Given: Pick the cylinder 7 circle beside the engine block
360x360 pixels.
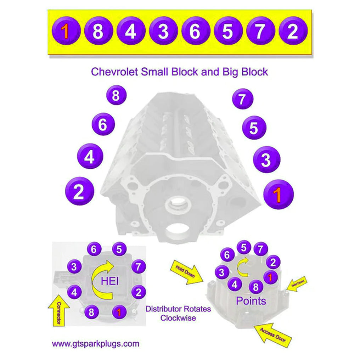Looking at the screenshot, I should coord(242,99).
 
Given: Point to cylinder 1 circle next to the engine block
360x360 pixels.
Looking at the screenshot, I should coord(279,195).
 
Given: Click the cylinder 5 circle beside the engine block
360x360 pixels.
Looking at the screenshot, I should coord(254,128).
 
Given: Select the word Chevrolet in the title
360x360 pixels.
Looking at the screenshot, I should coord(114,72).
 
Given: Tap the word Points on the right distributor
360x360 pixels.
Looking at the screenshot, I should coord(251,301).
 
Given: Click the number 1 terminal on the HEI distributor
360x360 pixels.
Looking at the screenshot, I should coord(119,312).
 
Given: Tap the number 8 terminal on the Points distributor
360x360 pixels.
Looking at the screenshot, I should coord(256,287).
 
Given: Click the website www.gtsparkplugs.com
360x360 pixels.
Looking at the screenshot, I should coord(95,343).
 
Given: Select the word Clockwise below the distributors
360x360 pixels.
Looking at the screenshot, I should coord(178,318).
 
